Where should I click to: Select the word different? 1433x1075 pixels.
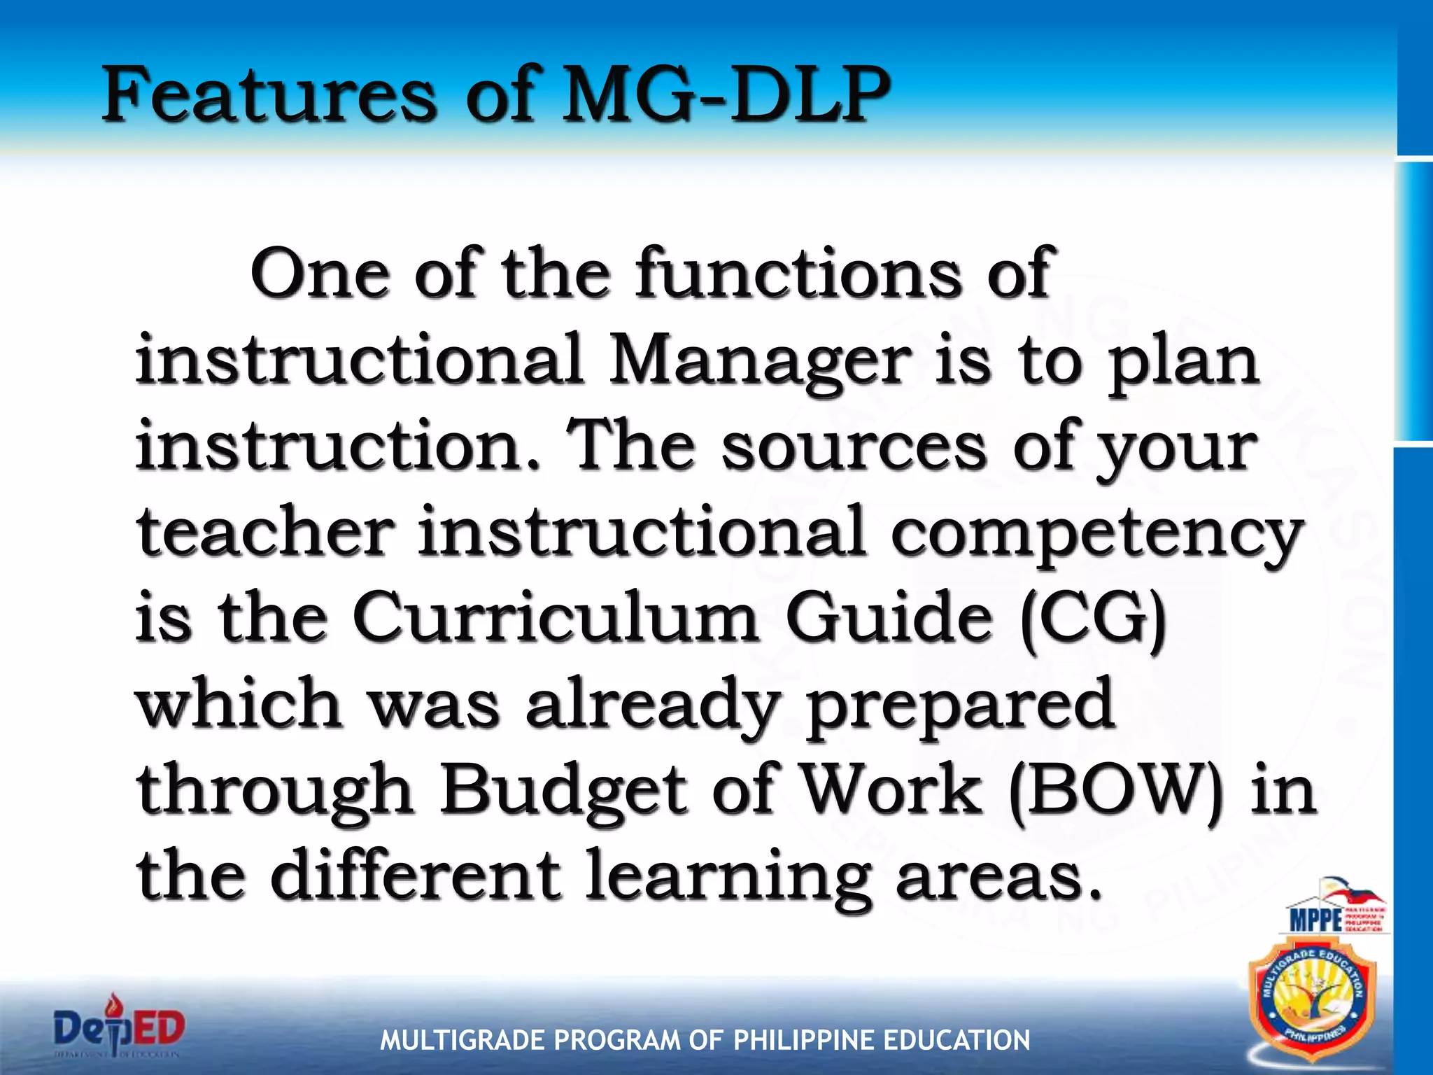click(x=416, y=876)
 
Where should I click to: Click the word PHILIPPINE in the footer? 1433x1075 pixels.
click(x=805, y=1040)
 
